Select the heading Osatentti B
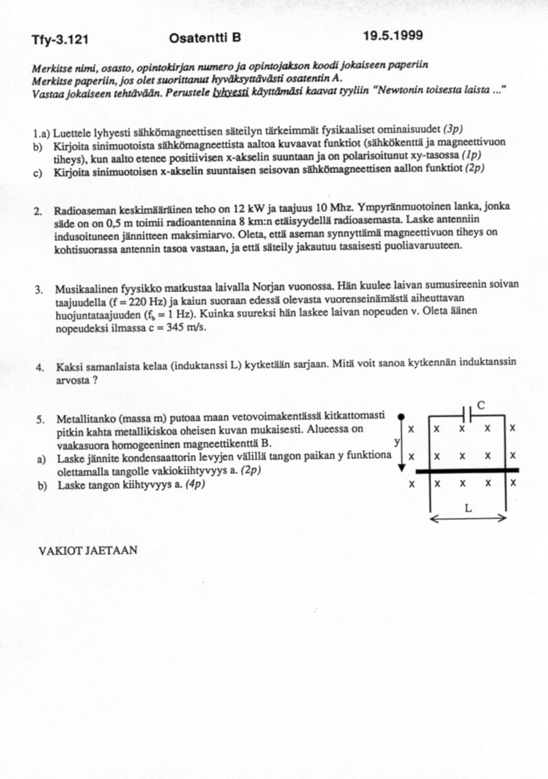pos(204,38)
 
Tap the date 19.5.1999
pos(392,36)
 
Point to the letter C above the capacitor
pos(481,405)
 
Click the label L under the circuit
pos(467,507)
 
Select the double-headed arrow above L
pos(468,518)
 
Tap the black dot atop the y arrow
pos(402,415)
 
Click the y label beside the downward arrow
pos(396,443)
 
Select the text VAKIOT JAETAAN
pos(89,549)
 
